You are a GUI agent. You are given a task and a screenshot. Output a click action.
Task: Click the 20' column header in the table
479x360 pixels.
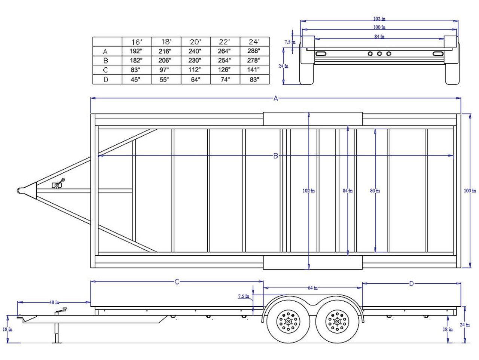(195, 41)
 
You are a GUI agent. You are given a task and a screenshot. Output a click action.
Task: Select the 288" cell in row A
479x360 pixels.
(254, 51)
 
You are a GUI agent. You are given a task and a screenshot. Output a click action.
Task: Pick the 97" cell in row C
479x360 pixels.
(164, 70)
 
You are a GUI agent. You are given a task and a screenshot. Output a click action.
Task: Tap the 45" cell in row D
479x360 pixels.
(135, 80)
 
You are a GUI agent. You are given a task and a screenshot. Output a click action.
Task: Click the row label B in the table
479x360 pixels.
(106, 61)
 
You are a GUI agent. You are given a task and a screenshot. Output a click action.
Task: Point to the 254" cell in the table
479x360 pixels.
(224, 60)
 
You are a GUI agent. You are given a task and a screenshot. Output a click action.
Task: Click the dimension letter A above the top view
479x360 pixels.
(276, 98)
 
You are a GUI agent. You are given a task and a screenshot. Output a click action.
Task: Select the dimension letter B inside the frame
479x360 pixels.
(276, 156)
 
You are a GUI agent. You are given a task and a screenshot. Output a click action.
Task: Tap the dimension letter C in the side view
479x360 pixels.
(177, 282)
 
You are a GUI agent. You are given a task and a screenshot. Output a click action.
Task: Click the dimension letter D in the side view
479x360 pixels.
(411, 284)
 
